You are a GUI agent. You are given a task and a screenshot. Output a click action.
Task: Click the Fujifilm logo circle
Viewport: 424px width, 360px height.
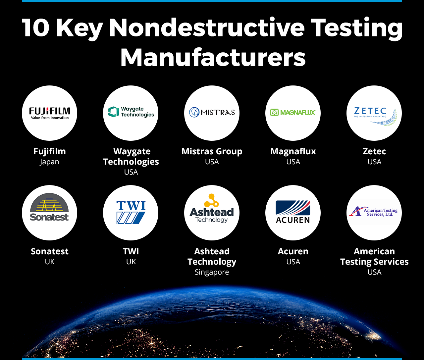49,113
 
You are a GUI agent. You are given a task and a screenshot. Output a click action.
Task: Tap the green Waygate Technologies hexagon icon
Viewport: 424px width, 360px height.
113,112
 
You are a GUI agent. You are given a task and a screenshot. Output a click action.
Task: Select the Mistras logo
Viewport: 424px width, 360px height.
212,112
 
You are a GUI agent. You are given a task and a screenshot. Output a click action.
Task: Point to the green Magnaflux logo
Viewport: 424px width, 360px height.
293,112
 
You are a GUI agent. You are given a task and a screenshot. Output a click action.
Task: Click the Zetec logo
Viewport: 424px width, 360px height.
375,116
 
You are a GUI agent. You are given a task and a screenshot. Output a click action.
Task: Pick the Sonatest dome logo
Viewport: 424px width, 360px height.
49,207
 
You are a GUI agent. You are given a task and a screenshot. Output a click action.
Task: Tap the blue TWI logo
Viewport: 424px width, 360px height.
131,212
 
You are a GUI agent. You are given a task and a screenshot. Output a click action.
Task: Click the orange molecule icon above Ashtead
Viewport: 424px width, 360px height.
211,200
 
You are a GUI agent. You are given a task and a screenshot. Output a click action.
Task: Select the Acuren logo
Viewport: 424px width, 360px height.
293,212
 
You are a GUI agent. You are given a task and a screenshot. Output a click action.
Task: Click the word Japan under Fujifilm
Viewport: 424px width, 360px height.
49,162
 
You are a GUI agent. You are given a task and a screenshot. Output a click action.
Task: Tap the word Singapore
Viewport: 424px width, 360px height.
212,273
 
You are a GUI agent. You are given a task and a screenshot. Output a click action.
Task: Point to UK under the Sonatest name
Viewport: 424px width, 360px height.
50,262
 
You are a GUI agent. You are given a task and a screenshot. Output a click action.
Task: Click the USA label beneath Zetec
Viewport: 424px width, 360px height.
374,162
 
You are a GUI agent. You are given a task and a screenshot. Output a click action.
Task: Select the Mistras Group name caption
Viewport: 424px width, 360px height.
212,152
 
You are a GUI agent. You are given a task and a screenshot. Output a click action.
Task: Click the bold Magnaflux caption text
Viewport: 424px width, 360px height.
293,151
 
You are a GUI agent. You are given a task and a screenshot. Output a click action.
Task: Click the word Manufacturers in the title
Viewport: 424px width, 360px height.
213,57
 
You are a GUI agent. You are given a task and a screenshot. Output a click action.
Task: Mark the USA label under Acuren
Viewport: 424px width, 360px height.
293,262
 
